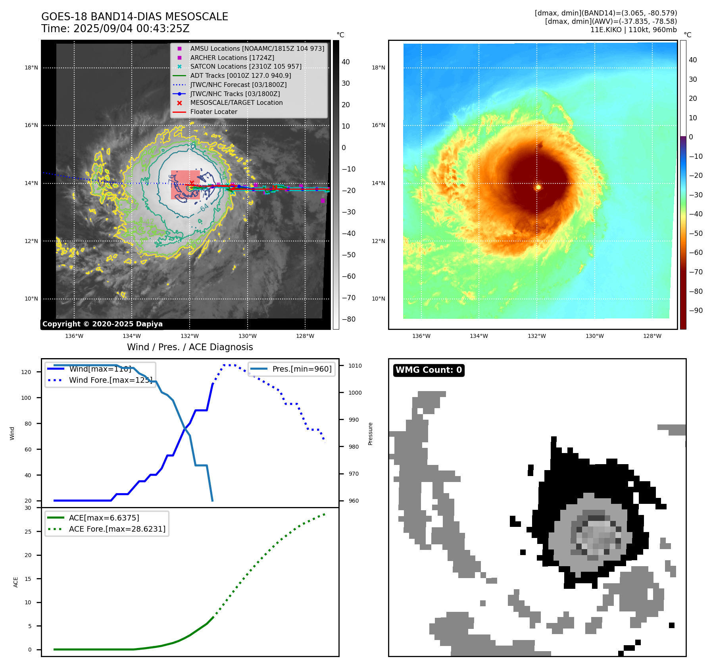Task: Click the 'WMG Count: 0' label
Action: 429,370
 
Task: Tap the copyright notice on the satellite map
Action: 102,324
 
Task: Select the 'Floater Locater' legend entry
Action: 213,112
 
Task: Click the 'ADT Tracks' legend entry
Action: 240,75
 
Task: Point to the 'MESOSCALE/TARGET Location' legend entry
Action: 236,103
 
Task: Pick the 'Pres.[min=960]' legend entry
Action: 302,369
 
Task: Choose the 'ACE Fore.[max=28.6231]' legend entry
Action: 117,529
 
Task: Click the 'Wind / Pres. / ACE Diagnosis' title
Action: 190,347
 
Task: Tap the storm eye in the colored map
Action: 538,187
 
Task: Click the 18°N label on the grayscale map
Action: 31,68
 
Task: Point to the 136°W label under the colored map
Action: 421,336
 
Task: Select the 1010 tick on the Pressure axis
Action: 355,366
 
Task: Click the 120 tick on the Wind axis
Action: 26,372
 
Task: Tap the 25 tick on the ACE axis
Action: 28,532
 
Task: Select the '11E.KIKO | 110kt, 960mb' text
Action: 633,30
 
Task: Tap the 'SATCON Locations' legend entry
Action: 246,67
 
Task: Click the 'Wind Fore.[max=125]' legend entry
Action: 110,380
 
